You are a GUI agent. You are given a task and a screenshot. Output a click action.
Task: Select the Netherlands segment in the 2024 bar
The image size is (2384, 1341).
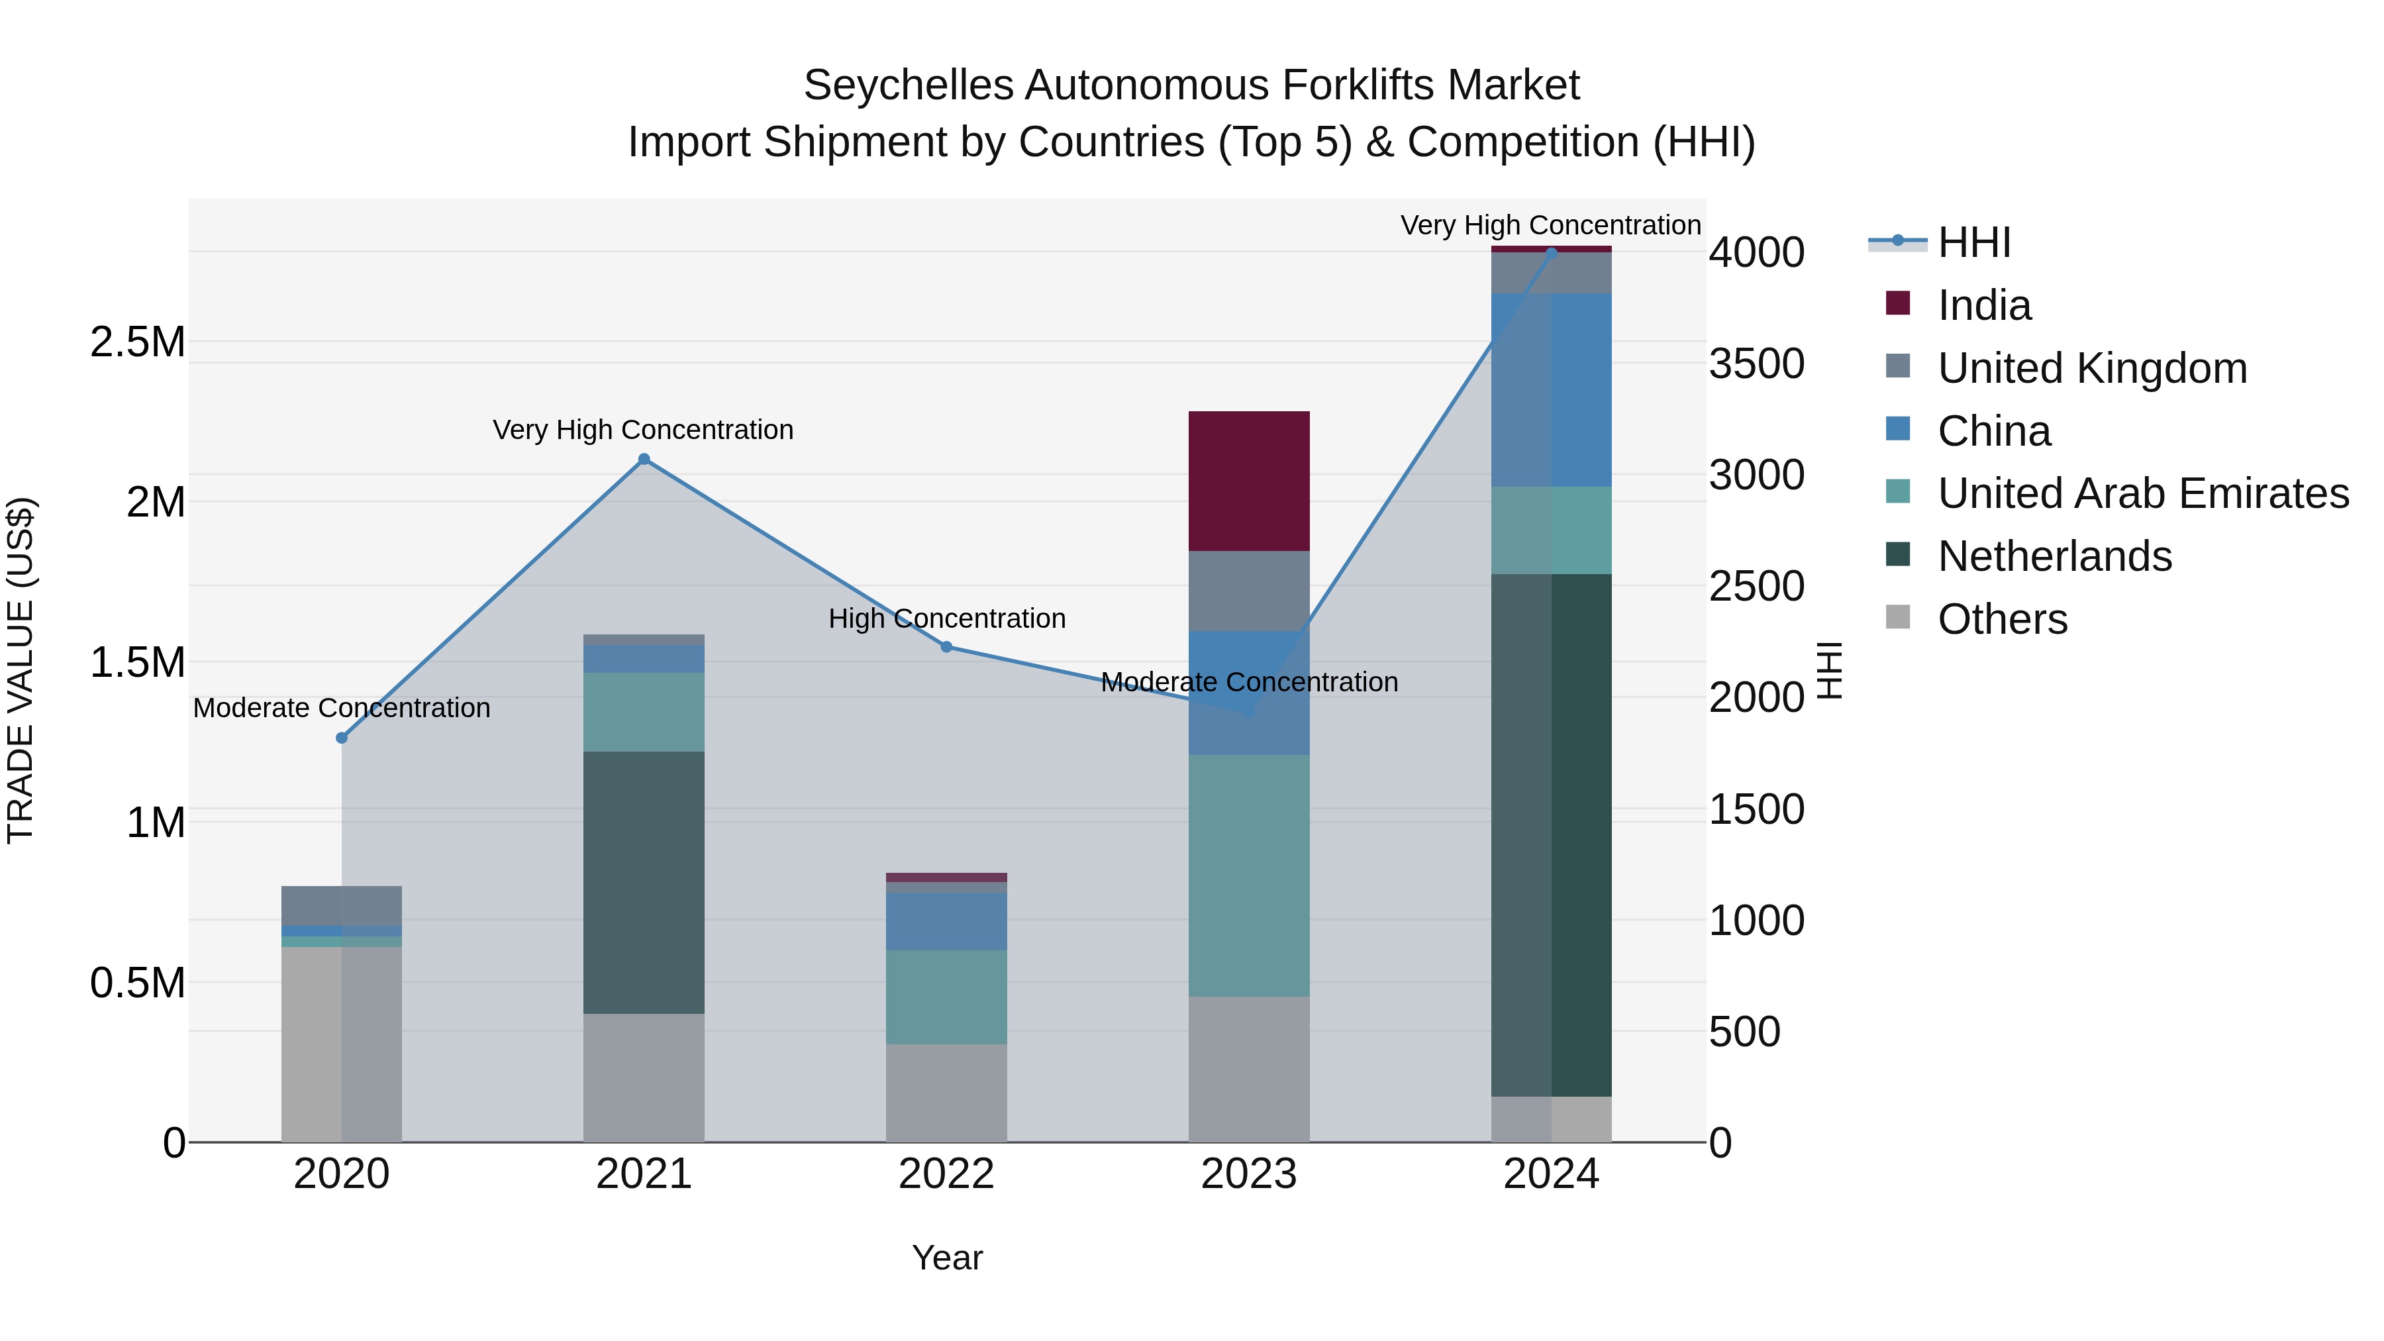(x=1551, y=834)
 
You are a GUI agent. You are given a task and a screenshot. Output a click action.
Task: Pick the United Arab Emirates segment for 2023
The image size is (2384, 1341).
(x=1248, y=875)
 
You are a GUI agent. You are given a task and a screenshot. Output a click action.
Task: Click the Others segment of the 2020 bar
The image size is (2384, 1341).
(x=342, y=1043)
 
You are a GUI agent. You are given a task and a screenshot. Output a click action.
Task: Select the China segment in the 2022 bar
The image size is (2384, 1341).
(x=946, y=921)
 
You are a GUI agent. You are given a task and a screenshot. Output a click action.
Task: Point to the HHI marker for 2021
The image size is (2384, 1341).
(x=644, y=459)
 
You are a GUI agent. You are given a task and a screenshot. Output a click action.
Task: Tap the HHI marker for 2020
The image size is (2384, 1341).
(x=342, y=738)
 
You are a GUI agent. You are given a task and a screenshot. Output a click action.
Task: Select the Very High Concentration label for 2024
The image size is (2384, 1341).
(x=1550, y=225)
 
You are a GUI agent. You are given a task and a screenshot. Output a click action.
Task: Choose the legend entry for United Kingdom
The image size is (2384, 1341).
(x=2091, y=368)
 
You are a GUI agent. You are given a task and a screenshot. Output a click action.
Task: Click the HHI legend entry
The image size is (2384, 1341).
(x=1973, y=242)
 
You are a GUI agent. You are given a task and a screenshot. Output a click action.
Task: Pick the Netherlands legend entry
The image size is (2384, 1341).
(x=2054, y=556)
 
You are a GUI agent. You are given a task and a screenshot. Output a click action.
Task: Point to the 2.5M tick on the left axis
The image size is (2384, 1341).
(x=138, y=342)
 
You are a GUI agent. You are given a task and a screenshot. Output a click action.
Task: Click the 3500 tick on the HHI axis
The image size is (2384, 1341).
(x=1756, y=364)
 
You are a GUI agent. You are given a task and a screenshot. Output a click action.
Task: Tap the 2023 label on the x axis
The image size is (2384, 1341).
(x=1248, y=1174)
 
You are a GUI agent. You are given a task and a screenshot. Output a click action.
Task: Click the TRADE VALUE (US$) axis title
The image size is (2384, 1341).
(x=21, y=670)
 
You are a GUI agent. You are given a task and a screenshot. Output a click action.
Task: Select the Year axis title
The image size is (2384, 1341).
(x=947, y=1258)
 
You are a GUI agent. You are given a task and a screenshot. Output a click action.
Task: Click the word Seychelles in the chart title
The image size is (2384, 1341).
(x=908, y=85)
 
